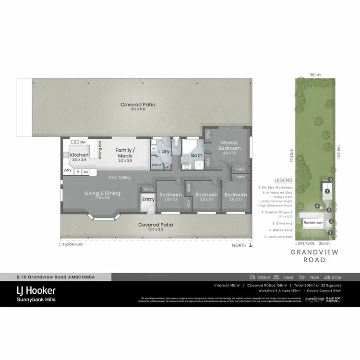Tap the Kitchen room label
79,155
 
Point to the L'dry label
164,152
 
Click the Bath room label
197,155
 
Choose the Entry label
149,199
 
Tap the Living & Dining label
103,193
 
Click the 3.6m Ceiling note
120,177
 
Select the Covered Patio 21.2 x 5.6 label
138,104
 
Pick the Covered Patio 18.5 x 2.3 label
156,224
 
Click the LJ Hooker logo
36,290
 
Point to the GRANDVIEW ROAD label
314,256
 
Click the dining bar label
100,150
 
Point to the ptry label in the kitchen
68,171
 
